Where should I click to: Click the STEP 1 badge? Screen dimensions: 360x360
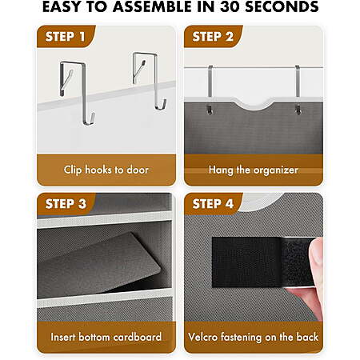point(66,37)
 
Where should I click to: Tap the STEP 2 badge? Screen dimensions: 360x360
point(213,37)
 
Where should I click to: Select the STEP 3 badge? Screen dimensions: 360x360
point(66,204)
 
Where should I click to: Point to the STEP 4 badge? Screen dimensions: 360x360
point(213,204)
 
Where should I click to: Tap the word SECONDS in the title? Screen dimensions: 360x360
point(282,6)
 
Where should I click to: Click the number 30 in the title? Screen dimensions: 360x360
point(230,6)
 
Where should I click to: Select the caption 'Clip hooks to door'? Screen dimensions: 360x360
point(106,170)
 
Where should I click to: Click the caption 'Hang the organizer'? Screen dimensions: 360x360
point(254,170)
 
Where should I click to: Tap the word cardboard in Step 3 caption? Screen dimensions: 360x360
point(138,337)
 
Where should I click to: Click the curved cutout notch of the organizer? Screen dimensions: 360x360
point(254,106)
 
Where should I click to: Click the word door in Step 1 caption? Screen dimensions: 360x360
point(138,170)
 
